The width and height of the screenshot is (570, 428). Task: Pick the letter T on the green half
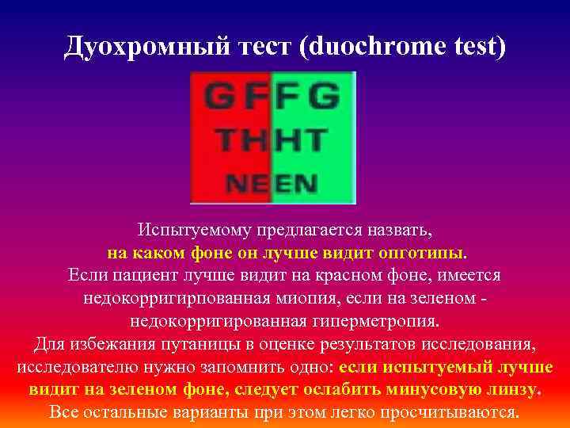[314, 143]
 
